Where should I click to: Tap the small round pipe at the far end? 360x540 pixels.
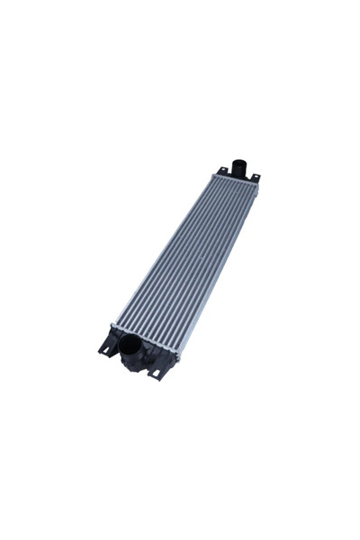pyautogui.click(x=239, y=168)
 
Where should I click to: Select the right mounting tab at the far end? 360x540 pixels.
pyautogui.click(x=255, y=177)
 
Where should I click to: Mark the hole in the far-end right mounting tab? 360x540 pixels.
pyautogui.click(x=256, y=176)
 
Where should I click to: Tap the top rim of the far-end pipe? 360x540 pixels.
pyautogui.click(x=239, y=162)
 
